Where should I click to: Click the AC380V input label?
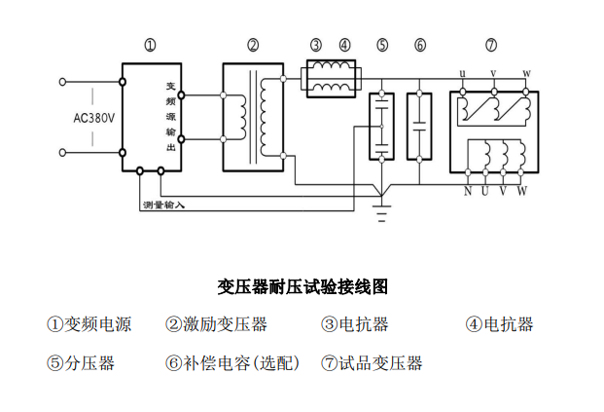pos(93,118)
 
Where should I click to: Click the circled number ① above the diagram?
pos(150,45)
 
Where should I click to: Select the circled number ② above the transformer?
pos(253,45)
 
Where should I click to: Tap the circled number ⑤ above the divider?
pos(382,45)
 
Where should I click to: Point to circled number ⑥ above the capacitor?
pos(420,45)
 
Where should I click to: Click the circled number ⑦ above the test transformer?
pos(491,45)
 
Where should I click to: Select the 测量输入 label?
pos(163,206)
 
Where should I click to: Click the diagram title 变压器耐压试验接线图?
pos(302,286)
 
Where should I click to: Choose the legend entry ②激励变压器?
pos(216,324)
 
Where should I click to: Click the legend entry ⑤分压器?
pos(81,363)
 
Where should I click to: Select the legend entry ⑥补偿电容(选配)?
pos(232,363)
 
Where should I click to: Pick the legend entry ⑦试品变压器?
pos(373,363)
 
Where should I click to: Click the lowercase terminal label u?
pos(462,74)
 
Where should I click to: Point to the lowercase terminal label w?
pos(526,74)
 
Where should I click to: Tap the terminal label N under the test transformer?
pos(468,190)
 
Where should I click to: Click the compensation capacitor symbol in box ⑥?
pos(420,125)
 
